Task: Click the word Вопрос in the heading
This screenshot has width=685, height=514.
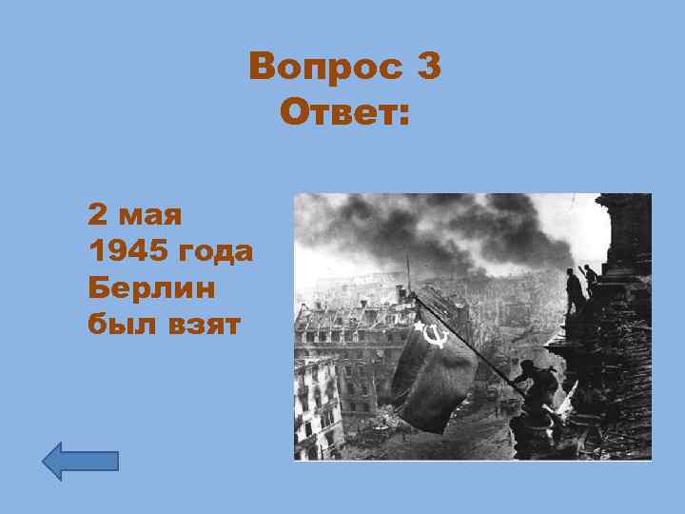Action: click(x=323, y=68)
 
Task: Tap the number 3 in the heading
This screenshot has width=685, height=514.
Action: click(x=427, y=68)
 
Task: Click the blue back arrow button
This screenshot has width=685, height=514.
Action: click(x=81, y=461)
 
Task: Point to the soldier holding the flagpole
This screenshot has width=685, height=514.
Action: click(x=541, y=385)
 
